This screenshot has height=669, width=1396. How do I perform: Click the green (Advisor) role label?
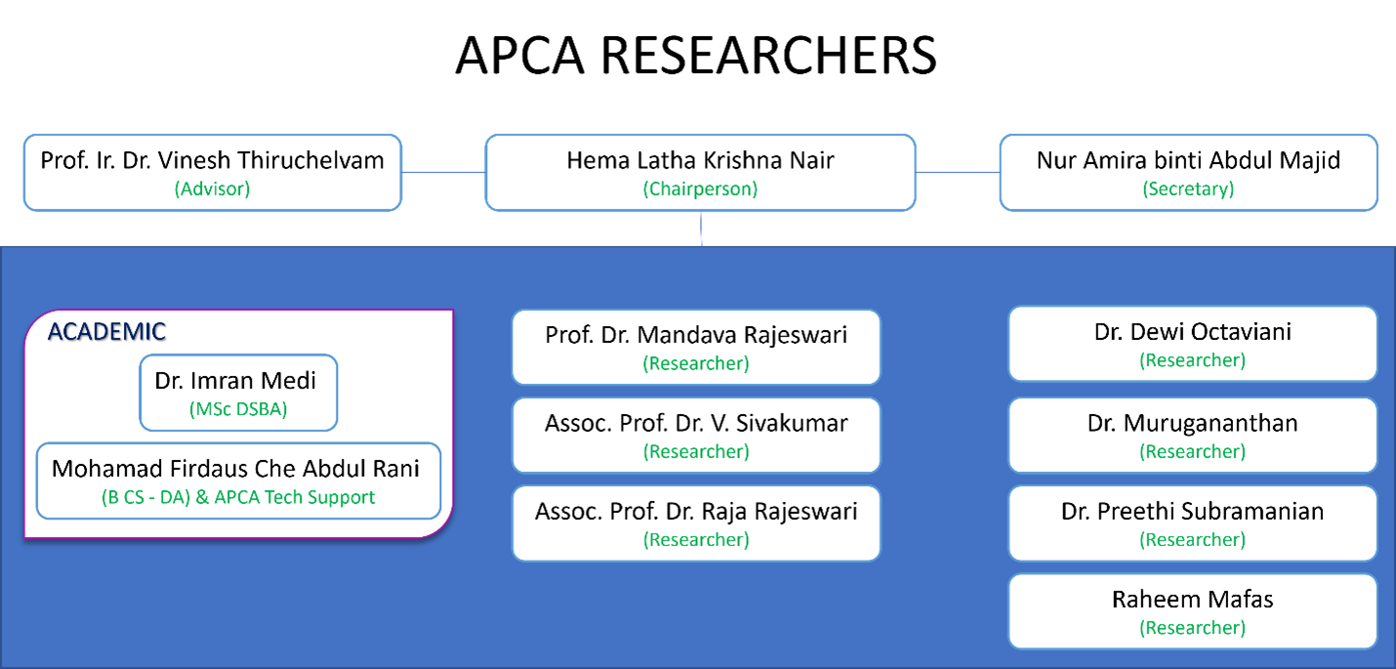click(212, 189)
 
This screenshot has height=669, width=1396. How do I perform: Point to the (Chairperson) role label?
click(700, 189)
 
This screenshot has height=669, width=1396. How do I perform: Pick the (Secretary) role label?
click(1188, 189)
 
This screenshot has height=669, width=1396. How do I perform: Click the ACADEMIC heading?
click(106, 332)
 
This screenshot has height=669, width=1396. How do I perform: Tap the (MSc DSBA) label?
click(238, 410)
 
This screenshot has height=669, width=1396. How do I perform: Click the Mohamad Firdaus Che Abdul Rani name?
click(235, 469)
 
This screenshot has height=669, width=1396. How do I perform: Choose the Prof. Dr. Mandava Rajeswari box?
click(696, 348)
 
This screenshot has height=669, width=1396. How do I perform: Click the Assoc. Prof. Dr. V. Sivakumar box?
click(696, 436)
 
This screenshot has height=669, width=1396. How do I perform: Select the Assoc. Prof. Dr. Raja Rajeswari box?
click(696, 523)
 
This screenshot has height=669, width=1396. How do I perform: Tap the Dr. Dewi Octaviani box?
click(1192, 344)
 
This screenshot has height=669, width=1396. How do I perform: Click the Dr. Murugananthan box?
click(1192, 436)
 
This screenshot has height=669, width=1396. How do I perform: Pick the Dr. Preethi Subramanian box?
click(1192, 523)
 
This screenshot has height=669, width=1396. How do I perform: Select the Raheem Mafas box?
click(1192, 611)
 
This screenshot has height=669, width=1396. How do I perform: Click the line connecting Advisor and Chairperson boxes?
click(443, 173)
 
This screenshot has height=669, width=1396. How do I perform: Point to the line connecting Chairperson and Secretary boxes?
click(958, 173)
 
